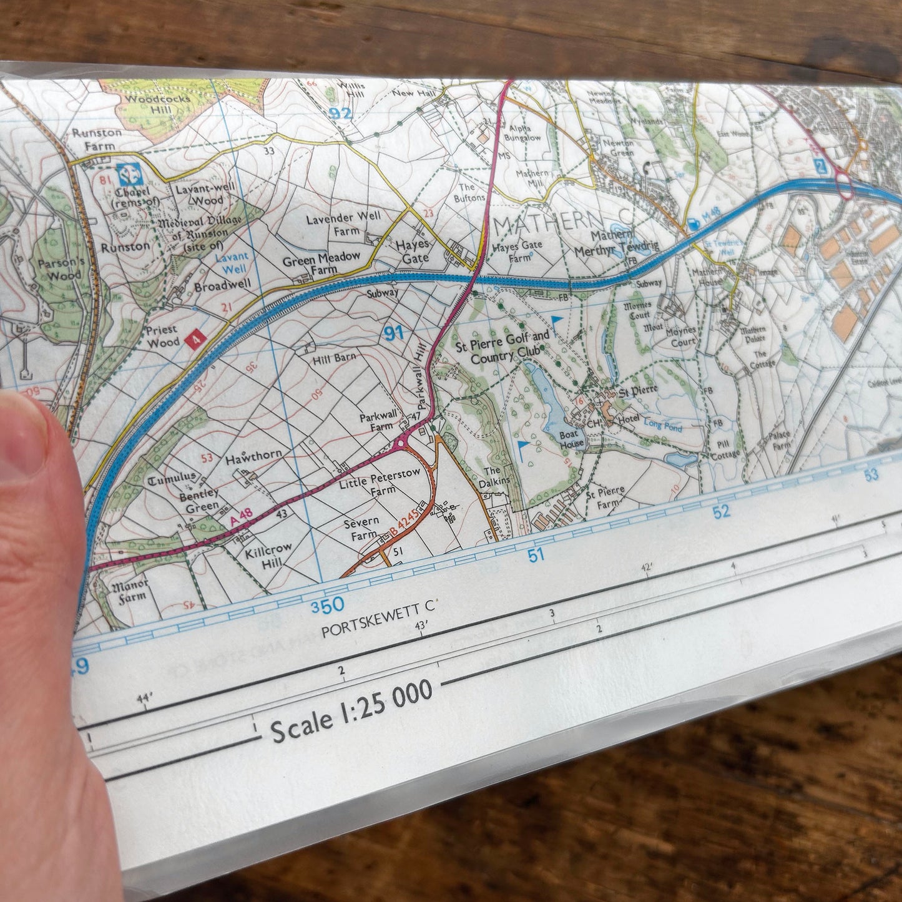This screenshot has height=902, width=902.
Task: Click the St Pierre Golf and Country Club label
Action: (x=510, y=348)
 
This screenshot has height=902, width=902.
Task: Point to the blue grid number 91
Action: (x=394, y=333)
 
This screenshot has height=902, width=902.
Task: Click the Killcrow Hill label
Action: (x=268, y=554)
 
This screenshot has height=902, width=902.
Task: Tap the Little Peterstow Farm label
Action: (x=380, y=482)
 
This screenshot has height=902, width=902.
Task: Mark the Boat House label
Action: (x=571, y=439)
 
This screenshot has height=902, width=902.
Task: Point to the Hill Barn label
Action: (x=334, y=358)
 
